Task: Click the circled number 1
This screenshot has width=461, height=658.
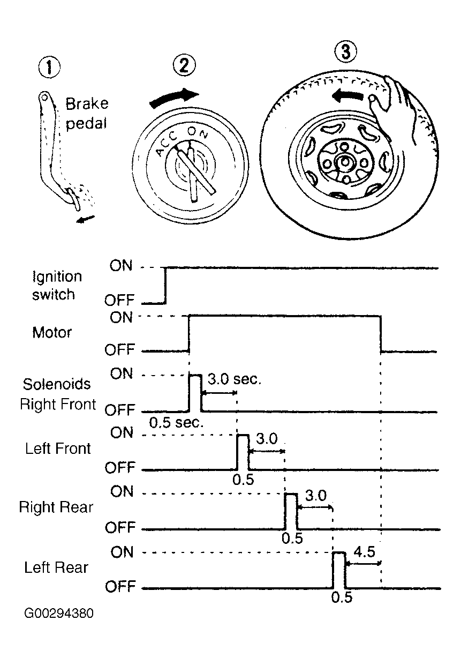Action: [49, 68]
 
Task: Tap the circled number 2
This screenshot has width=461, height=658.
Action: [184, 65]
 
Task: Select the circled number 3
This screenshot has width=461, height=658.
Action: [346, 51]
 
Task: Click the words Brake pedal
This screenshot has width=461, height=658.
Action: [87, 114]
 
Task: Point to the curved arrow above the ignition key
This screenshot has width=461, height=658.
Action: [173, 98]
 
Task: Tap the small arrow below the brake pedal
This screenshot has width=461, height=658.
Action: [85, 219]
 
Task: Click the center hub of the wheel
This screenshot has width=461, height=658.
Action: [345, 162]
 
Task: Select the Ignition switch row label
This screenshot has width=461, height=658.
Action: [56, 286]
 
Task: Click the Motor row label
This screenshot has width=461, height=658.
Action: [51, 333]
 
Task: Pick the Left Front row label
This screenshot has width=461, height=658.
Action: [58, 448]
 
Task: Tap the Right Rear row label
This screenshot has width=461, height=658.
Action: [56, 507]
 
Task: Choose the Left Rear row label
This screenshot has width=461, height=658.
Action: [56, 567]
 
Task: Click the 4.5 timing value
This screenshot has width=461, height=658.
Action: [364, 552]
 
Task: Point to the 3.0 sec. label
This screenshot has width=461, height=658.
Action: [234, 379]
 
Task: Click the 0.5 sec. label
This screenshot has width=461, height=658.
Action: [176, 423]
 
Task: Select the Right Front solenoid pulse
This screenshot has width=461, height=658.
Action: [195, 393]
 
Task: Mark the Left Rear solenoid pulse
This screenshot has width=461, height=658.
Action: [339, 570]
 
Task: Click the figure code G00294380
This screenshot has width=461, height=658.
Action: [59, 614]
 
